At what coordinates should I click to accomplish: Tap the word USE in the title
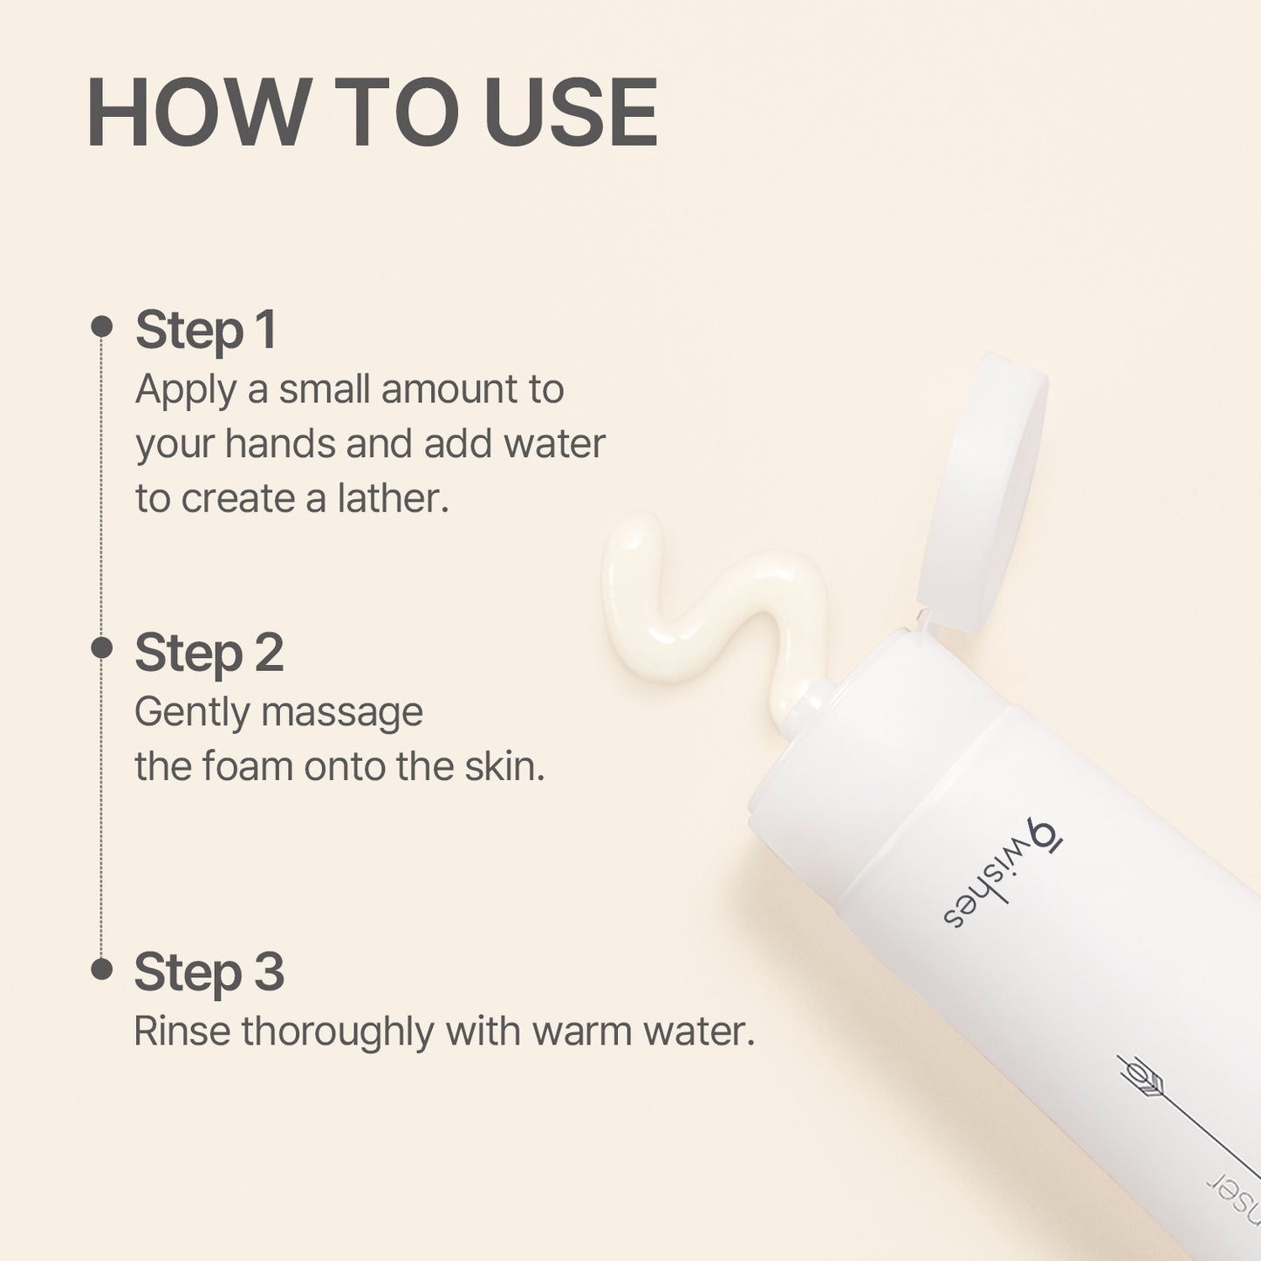click(x=570, y=113)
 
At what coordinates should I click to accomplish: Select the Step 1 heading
click(x=206, y=330)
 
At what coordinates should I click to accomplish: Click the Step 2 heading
click(x=209, y=653)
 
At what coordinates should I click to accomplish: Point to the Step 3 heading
click(x=209, y=972)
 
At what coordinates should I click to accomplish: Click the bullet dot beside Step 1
click(x=102, y=326)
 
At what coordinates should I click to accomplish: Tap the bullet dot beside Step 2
click(x=102, y=648)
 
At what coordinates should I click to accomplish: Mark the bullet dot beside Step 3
click(x=102, y=969)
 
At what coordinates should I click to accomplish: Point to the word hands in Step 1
click(x=278, y=443)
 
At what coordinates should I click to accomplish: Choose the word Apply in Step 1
click(x=185, y=390)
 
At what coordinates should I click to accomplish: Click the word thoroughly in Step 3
click(x=338, y=1031)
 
